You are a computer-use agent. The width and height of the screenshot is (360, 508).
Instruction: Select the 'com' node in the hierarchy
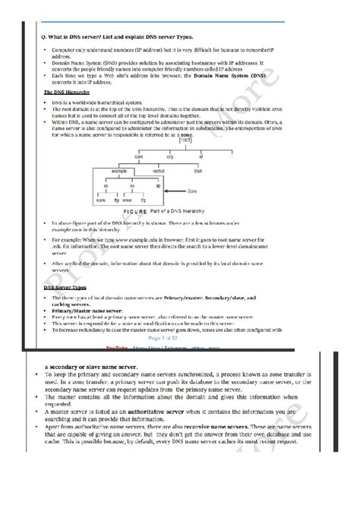coord(139,156)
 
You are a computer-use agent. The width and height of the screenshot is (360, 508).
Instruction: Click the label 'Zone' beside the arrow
coord(192,192)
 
